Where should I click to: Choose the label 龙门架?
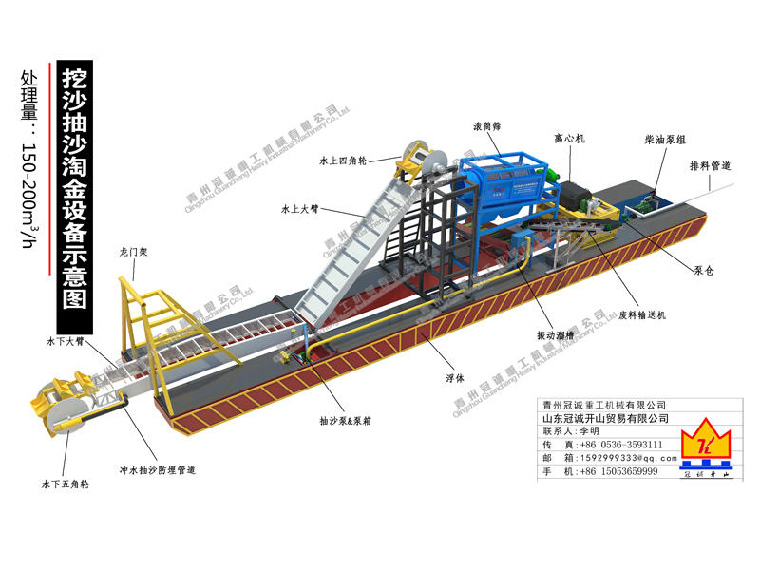[134, 254]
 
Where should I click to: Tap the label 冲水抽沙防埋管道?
[157, 469]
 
